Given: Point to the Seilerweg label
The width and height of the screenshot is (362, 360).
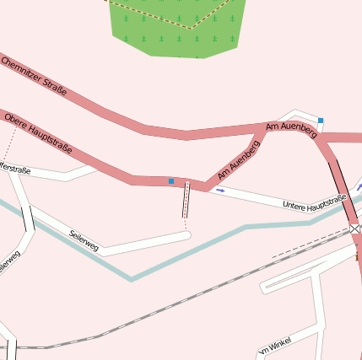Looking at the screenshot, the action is (x=84, y=240).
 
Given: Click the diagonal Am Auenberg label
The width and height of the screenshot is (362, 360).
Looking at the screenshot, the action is (x=239, y=159).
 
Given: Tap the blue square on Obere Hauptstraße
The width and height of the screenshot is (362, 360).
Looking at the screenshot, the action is (x=171, y=181).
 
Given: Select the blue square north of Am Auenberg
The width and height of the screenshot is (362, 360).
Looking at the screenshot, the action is (x=321, y=121).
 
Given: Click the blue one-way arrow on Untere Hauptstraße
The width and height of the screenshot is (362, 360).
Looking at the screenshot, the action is (x=220, y=191).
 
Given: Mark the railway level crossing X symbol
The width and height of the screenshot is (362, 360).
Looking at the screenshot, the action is (x=354, y=228).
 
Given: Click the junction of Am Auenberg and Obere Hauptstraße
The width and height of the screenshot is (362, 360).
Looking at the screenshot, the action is (x=205, y=184).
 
